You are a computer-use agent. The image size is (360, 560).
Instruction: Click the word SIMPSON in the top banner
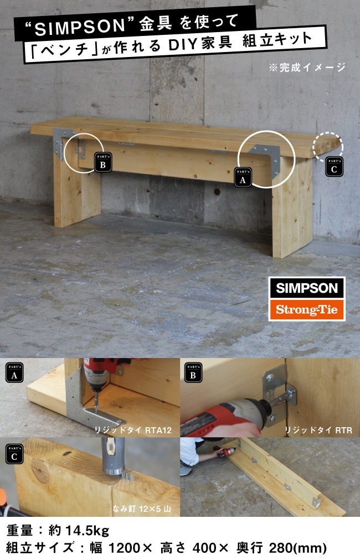click(x=80, y=27)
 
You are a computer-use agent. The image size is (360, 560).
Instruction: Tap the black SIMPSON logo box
click(x=307, y=288)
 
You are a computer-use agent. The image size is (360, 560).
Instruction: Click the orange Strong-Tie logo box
click(x=307, y=310)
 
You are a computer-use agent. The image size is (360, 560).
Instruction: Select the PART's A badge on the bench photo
click(x=243, y=178)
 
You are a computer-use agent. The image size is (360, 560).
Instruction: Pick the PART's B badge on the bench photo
click(x=103, y=162)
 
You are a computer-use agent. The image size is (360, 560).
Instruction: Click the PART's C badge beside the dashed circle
click(x=335, y=167)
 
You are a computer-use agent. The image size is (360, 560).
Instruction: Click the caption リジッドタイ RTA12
click(x=133, y=431)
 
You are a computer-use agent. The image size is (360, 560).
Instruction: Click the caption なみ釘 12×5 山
click(x=142, y=509)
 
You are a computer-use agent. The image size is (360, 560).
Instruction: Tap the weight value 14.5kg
click(x=86, y=531)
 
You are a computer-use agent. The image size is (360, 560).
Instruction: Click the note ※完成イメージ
click(x=307, y=67)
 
